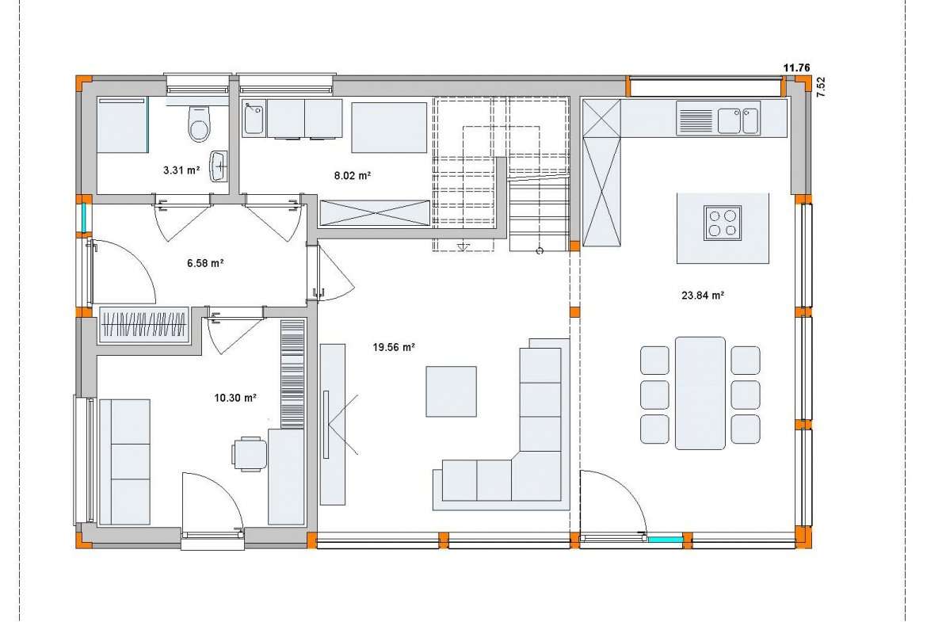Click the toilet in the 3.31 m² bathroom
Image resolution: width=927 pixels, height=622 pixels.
(199, 123)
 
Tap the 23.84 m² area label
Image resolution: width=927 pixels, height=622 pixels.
(703, 296)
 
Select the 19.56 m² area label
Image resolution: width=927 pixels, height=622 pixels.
(394, 348)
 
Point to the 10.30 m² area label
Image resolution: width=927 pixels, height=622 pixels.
(235, 398)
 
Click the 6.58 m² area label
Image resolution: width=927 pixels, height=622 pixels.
(205, 263)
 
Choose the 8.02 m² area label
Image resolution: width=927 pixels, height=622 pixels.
(353, 176)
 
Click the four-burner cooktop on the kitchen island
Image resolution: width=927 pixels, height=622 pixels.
(723, 223)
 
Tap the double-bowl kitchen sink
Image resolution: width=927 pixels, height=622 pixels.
(739, 120)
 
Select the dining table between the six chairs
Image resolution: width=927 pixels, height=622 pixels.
(700, 393)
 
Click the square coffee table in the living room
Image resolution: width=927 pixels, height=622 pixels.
(451, 391)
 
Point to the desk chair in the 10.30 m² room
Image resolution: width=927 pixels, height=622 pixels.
(249, 453)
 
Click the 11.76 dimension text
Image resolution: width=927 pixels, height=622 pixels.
(796, 68)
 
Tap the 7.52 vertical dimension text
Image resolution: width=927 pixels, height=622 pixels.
(821, 86)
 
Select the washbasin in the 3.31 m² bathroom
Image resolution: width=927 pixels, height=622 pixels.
(219, 166)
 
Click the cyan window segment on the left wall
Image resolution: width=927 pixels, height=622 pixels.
(85, 218)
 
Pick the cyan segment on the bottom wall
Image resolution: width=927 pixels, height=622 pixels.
(665, 540)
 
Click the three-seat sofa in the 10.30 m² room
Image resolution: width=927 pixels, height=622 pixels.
(124, 462)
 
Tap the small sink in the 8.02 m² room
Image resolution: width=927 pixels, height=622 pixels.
(254, 117)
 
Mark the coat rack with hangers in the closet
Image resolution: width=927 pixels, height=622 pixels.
(144, 325)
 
